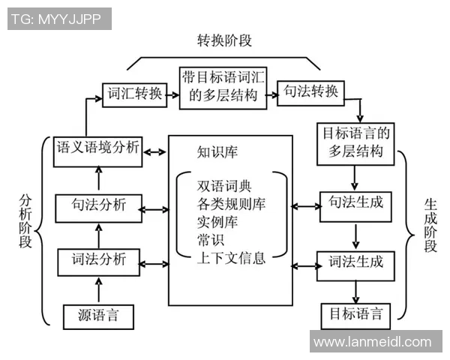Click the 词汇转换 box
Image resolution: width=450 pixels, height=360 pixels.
point(133,94)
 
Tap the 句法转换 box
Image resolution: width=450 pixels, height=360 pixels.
point(310,92)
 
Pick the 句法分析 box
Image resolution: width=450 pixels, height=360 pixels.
point(98,205)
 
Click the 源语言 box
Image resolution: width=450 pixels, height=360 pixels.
point(98,315)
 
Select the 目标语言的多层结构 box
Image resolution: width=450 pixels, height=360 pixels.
point(356,142)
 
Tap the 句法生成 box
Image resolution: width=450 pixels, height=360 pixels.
point(356,202)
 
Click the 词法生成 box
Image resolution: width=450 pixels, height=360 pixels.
point(356,262)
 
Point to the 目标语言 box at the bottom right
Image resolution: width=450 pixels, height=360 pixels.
point(356,313)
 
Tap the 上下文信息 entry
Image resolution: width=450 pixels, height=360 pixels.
point(231,259)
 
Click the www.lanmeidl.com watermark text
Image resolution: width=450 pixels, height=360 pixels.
point(373,343)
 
